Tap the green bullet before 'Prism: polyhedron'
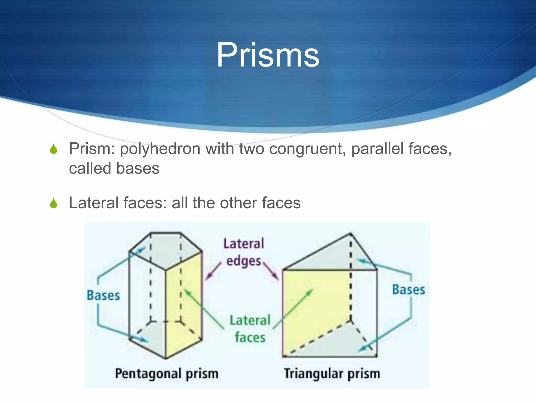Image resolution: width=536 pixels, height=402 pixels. tap(54, 149)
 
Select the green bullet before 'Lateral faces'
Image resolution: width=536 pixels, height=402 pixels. tap(54, 204)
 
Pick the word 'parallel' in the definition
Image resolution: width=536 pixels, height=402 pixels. tap(377, 149)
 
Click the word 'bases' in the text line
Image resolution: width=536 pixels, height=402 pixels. tap(138, 168)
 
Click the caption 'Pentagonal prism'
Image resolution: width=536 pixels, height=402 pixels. tap(167, 373)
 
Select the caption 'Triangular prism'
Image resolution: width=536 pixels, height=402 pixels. tap(332, 373)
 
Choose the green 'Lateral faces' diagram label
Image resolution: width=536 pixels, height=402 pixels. tap(250, 328)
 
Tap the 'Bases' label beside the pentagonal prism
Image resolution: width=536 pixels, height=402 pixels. tap(103, 295)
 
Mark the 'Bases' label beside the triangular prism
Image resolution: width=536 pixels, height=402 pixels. tap(408, 290)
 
